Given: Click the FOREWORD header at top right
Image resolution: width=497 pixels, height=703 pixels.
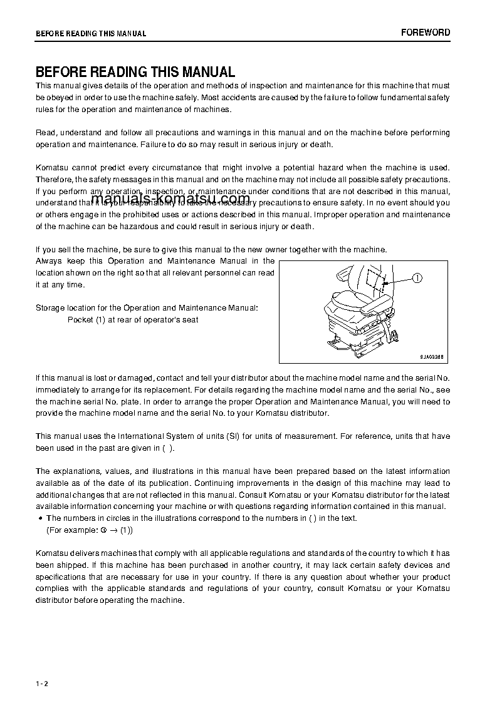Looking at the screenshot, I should (426, 33).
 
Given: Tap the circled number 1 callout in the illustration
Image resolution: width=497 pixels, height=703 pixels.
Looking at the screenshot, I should (418, 278).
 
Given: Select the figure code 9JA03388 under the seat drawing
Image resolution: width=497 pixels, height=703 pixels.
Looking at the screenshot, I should (432, 356).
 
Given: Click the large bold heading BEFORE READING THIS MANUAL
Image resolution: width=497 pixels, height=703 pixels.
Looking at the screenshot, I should (135, 72).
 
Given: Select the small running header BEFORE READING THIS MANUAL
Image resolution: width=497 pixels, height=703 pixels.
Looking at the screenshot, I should (91, 34).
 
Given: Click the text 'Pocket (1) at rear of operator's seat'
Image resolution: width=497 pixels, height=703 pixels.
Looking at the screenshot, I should (133, 320).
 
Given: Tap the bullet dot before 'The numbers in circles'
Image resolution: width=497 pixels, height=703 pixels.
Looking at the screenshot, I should (40, 518).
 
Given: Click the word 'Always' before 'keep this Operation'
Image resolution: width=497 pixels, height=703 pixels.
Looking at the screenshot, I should (49, 261).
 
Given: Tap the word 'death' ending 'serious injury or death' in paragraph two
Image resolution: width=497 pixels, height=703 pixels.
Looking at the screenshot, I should (321, 145).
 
